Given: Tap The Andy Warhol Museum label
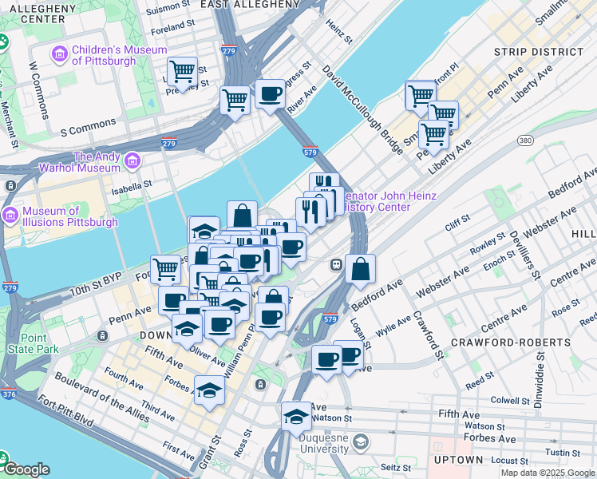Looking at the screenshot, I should click(x=85, y=163).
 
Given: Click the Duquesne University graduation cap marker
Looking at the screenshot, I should click(x=295, y=417).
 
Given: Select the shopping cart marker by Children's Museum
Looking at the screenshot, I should click(x=183, y=72).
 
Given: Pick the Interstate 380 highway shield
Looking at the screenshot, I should click(x=524, y=141).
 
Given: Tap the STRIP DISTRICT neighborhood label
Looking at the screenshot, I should click(x=539, y=52).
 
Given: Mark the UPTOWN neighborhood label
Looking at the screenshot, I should click(x=459, y=460).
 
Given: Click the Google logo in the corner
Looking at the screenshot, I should click(x=26, y=470).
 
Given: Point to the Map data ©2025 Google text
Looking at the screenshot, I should click(x=548, y=473).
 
